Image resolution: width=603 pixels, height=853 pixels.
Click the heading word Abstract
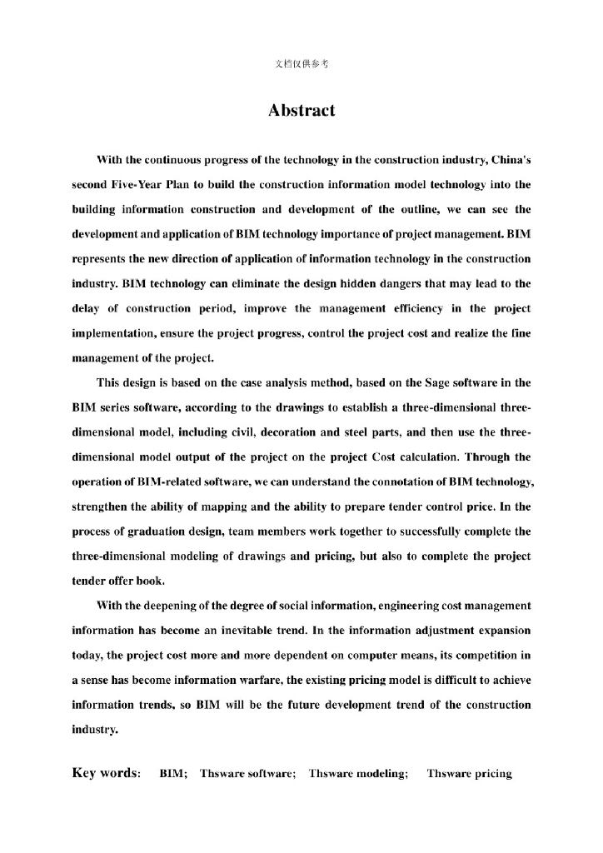coord(301,111)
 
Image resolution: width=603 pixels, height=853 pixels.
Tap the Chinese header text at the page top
coord(301,64)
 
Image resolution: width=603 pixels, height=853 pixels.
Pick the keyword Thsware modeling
coord(358,774)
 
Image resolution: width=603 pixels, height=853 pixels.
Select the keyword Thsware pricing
coord(469,774)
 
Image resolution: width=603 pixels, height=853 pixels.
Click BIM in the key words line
coord(172,774)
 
